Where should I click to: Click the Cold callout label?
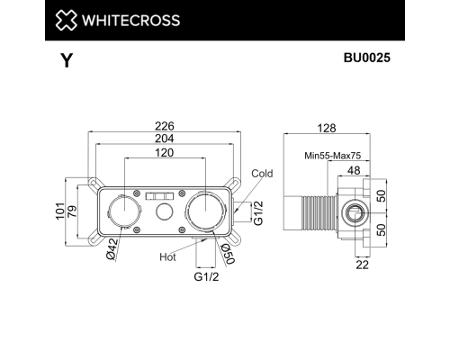click(262, 173)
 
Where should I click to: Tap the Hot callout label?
click(167, 256)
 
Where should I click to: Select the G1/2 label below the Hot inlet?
click(207, 277)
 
